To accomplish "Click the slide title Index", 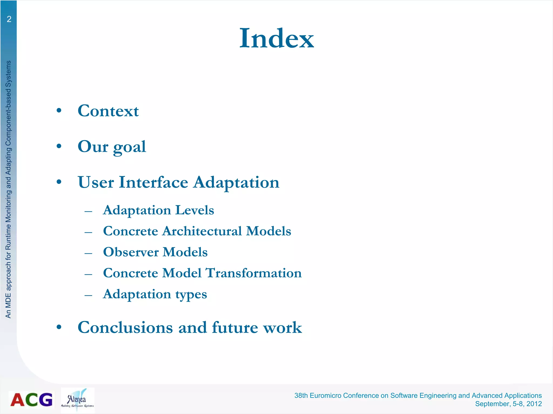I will pos(276,38).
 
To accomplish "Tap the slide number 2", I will pos(9,19).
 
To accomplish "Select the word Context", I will pos(108,111).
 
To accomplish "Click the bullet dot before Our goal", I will pos(59,146).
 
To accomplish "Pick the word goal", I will pos(129,147).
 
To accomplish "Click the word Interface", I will pos(153,182).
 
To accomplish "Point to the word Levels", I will pos(194,210).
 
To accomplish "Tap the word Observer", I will pos(131,252).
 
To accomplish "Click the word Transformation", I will pos(254,273).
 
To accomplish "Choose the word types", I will pos(191,295).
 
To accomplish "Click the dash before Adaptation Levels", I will pos(88,211).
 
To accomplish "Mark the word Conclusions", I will pos(125,327).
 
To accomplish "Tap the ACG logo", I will pos(31,399).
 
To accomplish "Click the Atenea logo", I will pos(77,400).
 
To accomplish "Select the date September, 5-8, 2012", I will pos(508,404).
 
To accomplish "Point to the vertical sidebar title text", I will pos(8,189).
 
